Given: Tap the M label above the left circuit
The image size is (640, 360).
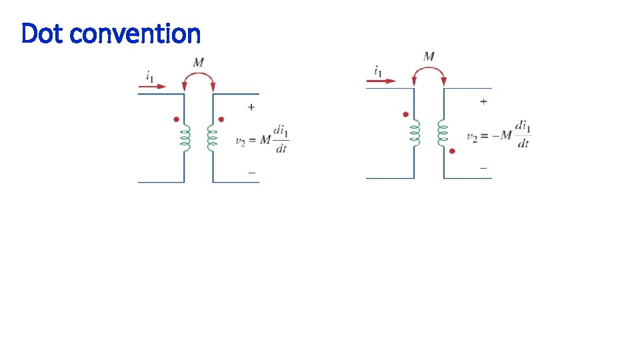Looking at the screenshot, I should click(199, 63).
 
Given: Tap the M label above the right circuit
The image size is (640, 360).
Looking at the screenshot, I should click(429, 57).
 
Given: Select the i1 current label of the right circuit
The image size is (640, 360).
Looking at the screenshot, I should click(378, 70).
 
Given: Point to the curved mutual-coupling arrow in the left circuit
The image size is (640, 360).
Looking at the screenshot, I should click(199, 77).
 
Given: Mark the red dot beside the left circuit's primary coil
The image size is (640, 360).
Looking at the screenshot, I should click(176, 119).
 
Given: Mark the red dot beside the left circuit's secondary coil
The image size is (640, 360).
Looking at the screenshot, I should click(221, 119).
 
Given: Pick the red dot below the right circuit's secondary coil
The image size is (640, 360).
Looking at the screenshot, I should click(452, 151).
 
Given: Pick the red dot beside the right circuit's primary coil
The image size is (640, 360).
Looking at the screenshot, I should click(405, 114).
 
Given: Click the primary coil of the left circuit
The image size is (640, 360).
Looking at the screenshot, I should click(186, 138).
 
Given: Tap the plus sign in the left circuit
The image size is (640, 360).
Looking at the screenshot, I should click(251, 107).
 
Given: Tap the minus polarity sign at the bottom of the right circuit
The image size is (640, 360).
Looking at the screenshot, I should click(483, 168).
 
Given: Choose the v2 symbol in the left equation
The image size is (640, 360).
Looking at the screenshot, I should click(242, 141).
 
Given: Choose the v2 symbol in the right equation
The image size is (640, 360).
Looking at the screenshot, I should click(472, 137).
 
